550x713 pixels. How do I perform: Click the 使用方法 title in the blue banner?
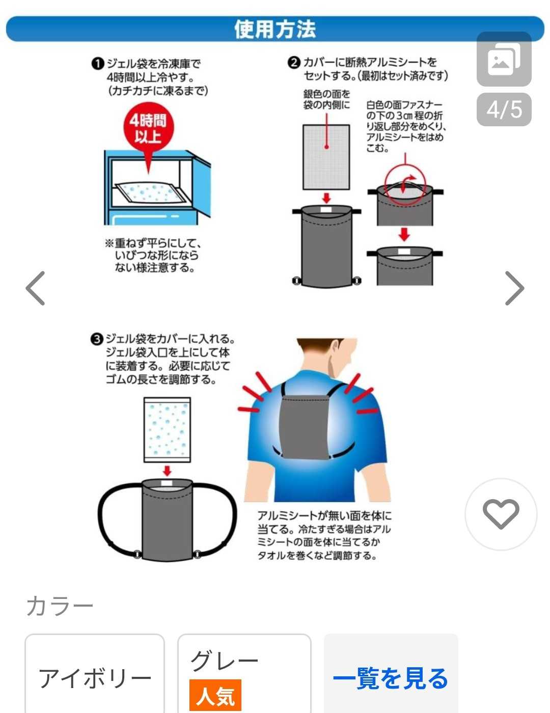pyautogui.click(x=275, y=29)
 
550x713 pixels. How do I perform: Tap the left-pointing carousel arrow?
pyautogui.click(x=36, y=288)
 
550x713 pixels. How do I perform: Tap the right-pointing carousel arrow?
pyautogui.click(x=514, y=288)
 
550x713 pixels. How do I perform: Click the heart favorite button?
pyautogui.click(x=501, y=514)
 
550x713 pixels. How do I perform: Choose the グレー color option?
pyautogui.click(x=244, y=673)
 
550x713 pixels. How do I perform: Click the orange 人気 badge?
pyautogui.click(x=215, y=695)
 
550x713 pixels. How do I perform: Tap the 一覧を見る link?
pyautogui.click(x=391, y=678)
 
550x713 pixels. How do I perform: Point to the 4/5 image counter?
pyautogui.click(x=504, y=109)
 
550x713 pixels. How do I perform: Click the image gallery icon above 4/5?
pyautogui.click(x=504, y=59)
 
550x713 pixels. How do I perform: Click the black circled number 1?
pyautogui.click(x=97, y=64)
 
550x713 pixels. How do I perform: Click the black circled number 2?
pyautogui.click(x=293, y=62)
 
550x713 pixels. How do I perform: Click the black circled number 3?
pyautogui.click(x=97, y=339)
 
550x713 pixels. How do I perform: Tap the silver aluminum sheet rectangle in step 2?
pyautogui.click(x=326, y=157)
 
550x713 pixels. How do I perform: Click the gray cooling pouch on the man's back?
pyautogui.click(x=304, y=427)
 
